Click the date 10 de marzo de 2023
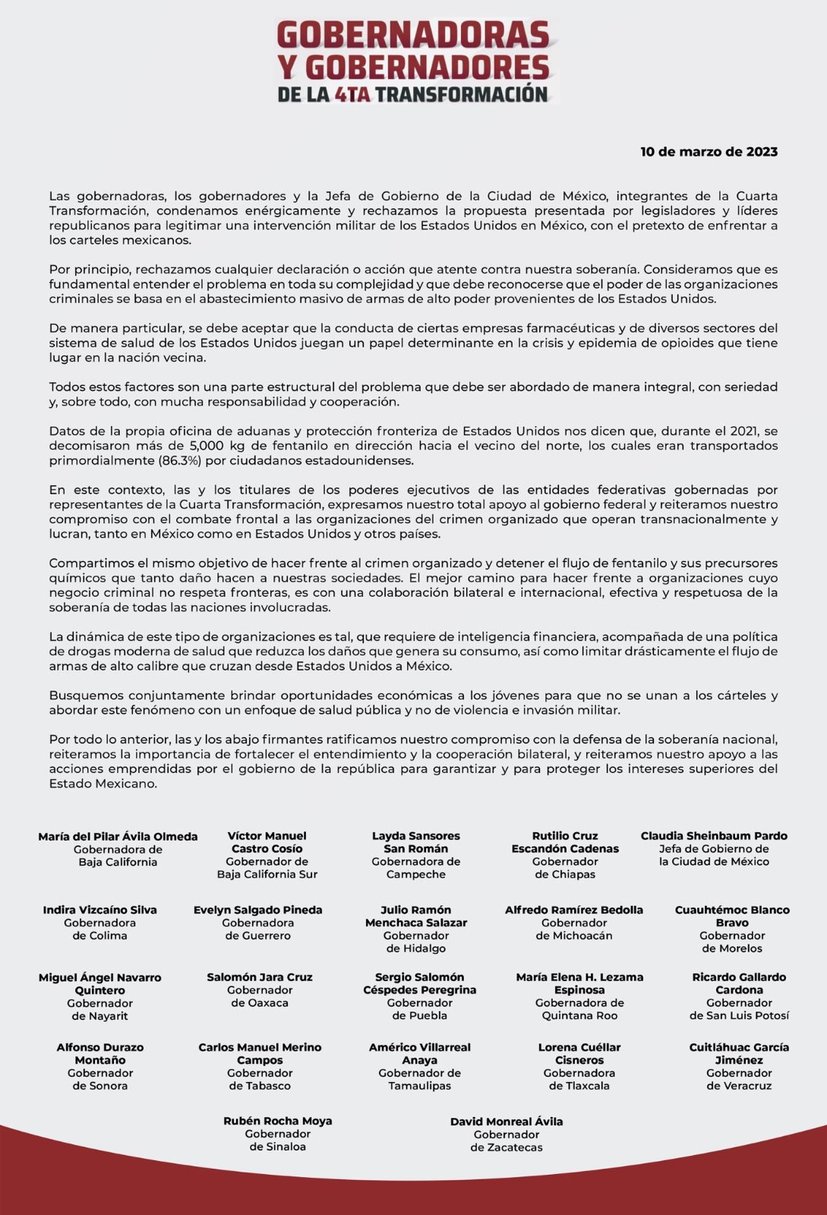pos(709,152)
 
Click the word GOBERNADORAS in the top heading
pos(413,35)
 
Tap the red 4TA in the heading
pos(352,94)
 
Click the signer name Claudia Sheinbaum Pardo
pos(714,836)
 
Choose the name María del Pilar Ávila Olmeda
pos(118,837)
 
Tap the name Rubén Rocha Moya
pos(277,1121)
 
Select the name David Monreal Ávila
pos(507,1122)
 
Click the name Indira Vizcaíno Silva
pos(100,910)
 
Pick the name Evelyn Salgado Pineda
pos(258,910)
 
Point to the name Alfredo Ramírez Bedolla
pos(574,910)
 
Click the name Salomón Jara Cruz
pos(260,977)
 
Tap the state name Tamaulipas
pos(420,1086)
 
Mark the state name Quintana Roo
pos(579,1016)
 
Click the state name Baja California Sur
pos(267,874)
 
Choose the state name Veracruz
pos(739,1086)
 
